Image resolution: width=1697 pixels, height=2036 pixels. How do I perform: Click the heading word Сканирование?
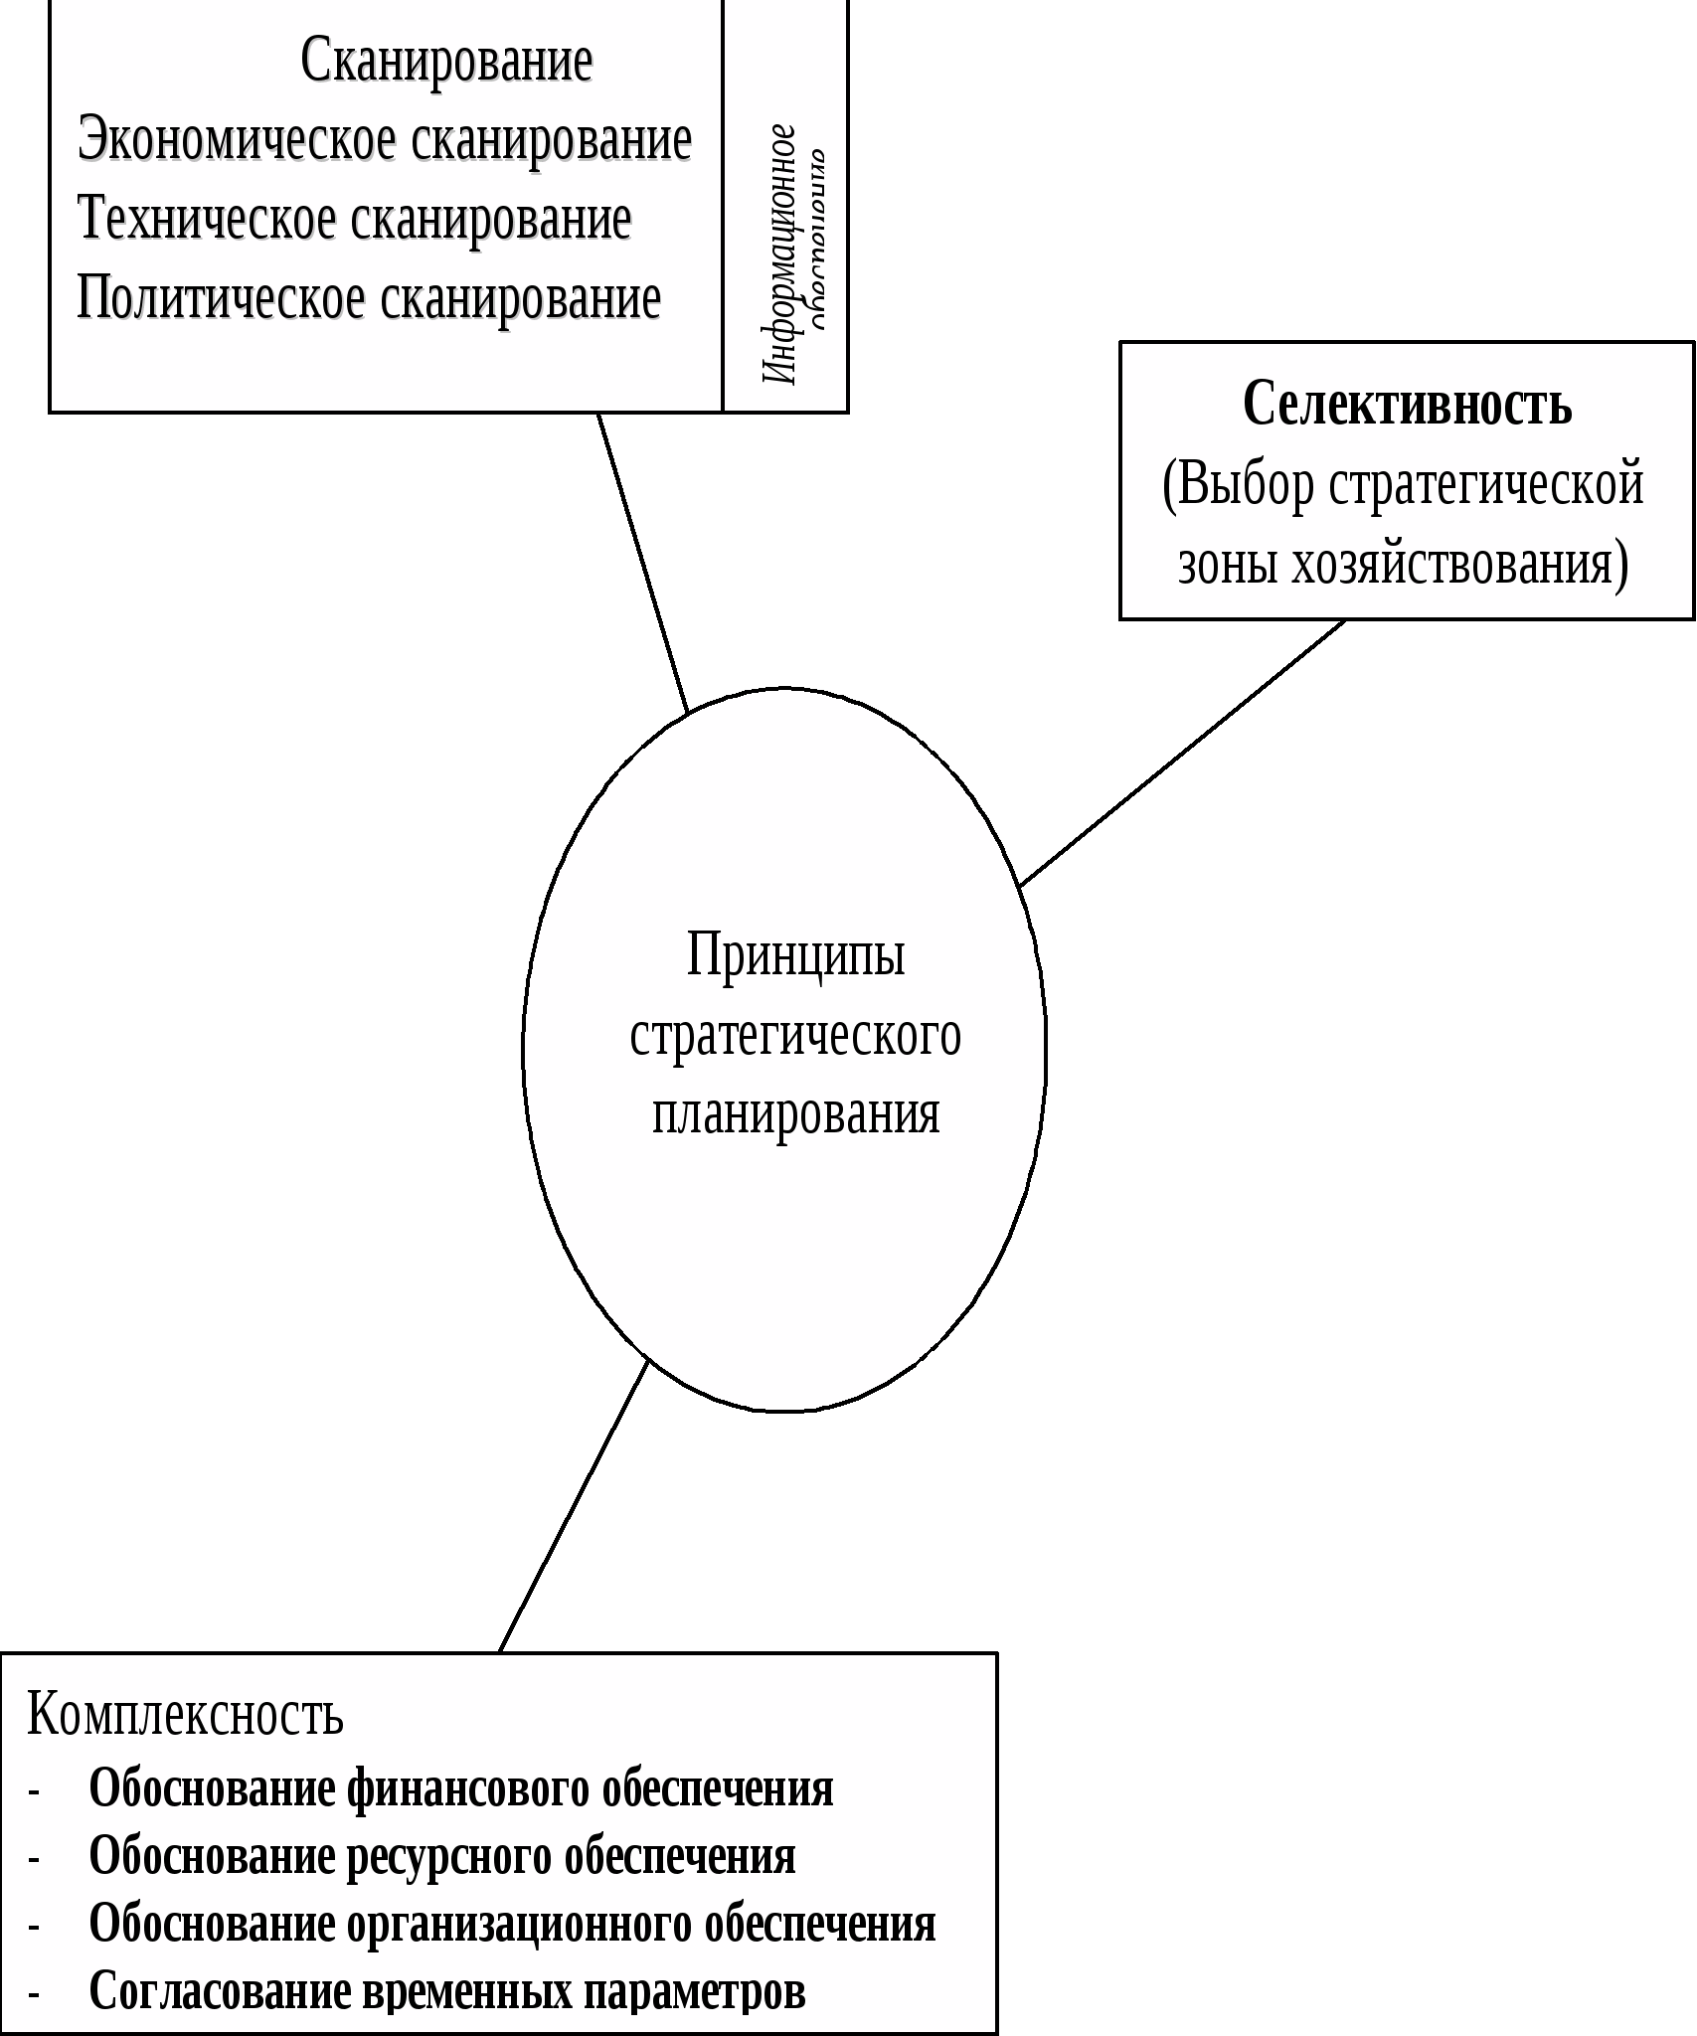446,62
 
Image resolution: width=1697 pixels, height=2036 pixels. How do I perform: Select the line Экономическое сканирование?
385,140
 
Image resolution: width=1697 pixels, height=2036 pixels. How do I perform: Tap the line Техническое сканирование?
354,219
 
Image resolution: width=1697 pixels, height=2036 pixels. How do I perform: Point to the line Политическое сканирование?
369,298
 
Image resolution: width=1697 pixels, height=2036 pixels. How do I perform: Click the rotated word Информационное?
779,254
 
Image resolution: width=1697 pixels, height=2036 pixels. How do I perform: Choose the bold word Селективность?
1407,405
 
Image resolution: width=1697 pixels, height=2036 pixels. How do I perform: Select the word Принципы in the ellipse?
795,955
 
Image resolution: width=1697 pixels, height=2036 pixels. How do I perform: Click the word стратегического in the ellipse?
795,1036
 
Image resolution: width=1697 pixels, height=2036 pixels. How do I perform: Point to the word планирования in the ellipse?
795,1113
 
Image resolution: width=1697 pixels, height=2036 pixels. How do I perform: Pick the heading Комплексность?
185,1714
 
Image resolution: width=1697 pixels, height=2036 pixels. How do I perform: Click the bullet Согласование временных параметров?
447,1991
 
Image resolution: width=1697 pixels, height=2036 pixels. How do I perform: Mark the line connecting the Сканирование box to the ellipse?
642,562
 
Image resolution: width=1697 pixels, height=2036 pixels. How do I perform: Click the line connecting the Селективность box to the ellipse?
1183,753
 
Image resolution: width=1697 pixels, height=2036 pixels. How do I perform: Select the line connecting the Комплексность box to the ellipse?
574,1506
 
